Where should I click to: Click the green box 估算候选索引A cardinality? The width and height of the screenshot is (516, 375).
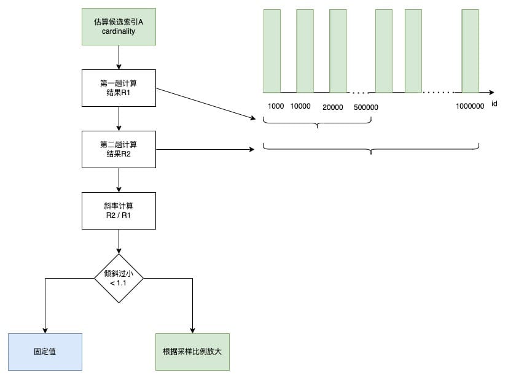[x=119, y=26]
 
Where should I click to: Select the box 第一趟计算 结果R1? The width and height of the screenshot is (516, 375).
[x=119, y=88]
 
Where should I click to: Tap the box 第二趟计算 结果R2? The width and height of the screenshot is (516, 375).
[x=119, y=149]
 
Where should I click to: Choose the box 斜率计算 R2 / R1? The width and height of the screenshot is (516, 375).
[x=119, y=211]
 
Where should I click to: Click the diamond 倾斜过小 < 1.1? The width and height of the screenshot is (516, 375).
[x=119, y=278]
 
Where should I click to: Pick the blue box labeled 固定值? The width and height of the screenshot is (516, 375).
[x=45, y=352]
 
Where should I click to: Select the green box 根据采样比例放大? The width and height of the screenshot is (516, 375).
[x=192, y=352]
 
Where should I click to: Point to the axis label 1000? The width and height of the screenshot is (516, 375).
[x=276, y=106]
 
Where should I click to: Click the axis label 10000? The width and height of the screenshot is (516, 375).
[x=300, y=106]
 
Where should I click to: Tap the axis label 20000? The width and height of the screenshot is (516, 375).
[x=333, y=107]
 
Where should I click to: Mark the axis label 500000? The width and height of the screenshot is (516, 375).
[x=366, y=107]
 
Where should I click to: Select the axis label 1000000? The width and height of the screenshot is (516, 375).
[x=470, y=106]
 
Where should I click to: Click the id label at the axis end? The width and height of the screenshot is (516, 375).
[x=494, y=104]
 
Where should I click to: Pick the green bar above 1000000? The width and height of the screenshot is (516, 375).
[x=471, y=50]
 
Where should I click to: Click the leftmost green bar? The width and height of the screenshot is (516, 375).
[x=272, y=50]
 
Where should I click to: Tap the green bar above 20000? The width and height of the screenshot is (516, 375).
[x=338, y=50]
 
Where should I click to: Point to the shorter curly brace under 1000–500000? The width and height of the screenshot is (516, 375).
[x=317, y=123]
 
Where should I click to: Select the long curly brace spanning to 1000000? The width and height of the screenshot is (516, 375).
[x=371, y=149]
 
